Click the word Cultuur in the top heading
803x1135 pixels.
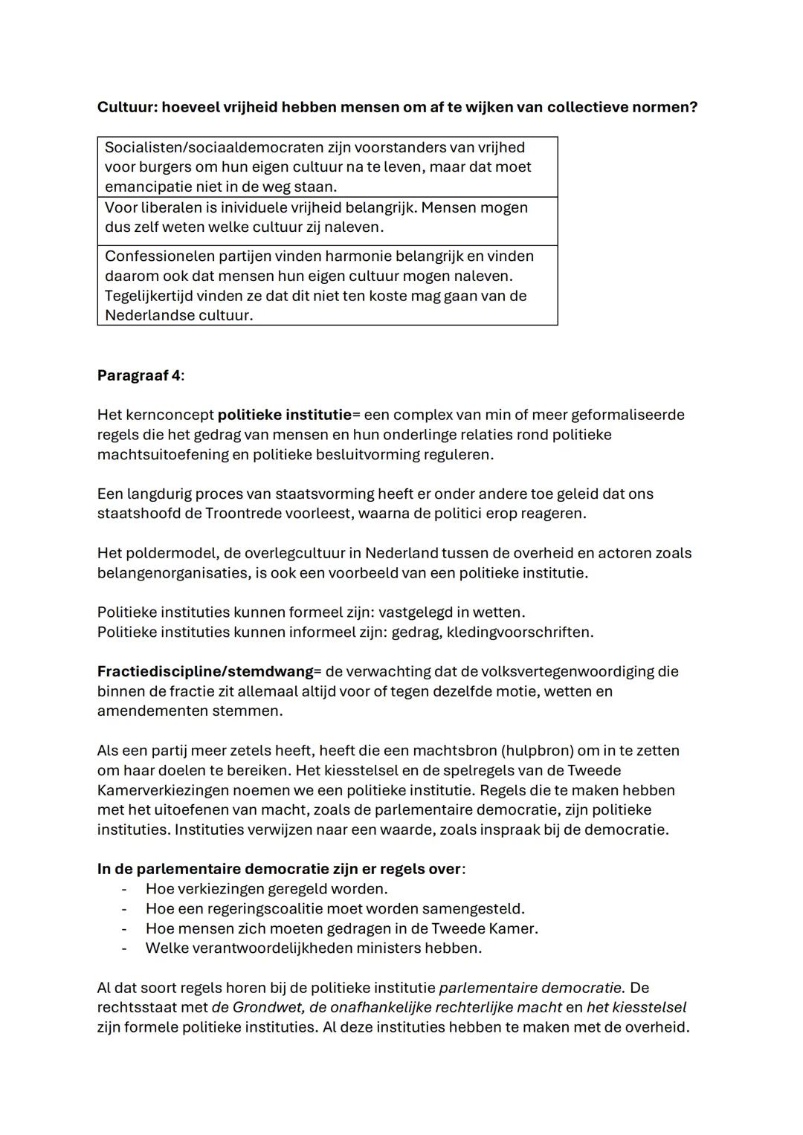pos(126,107)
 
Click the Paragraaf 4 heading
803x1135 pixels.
pos(139,375)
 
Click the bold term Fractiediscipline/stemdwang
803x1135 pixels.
pos(205,672)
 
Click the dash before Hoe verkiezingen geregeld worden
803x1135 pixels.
pos(124,889)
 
